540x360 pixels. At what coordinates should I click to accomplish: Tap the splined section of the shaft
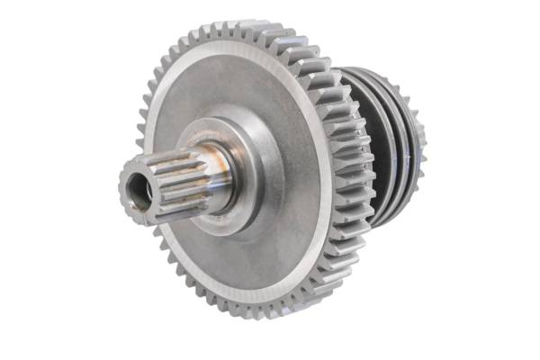[171, 175]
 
